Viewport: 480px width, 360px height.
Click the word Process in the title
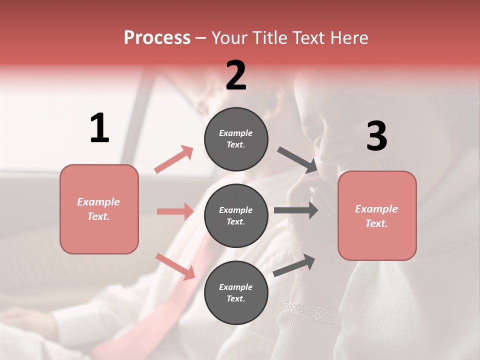157,38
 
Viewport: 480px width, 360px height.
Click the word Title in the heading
268,38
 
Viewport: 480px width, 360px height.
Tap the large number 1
99,128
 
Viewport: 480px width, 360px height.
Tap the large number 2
236,75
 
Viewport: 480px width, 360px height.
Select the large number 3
376,136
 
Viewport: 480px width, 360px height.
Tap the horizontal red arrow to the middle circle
175,211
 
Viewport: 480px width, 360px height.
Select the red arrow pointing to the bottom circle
175,266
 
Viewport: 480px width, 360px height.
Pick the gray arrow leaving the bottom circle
294,265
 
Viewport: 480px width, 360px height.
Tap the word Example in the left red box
98,202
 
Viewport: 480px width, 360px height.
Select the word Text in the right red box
376,223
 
